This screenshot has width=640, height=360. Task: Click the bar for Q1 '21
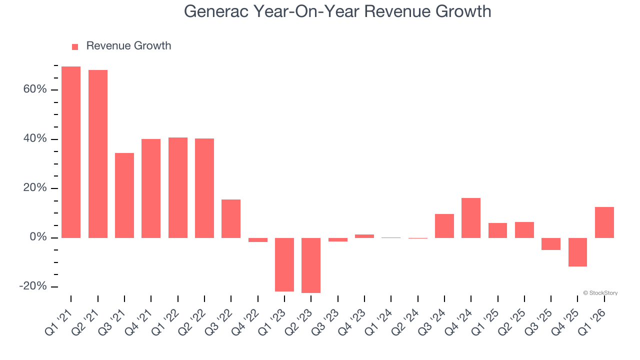click(x=71, y=152)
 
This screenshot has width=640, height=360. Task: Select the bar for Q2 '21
click(x=98, y=154)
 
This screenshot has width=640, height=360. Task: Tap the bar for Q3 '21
click(x=124, y=195)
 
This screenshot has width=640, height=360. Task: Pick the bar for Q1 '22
click(x=178, y=187)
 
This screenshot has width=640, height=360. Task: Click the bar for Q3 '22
click(x=231, y=218)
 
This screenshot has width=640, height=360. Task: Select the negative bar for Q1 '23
click(x=284, y=264)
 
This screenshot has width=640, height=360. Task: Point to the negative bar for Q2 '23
click(x=311, y=265)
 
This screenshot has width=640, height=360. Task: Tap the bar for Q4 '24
click(x=471, y=218)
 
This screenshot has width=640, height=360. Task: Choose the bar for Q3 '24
click(x=444, y=226)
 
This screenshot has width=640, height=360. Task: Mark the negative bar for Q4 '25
click(x=577, y=252)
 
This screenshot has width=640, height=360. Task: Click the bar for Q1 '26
click(x=604, y=222)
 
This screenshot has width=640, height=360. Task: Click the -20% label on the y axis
click(x=33, y=286)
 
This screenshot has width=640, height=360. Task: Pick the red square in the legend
click(x=75, y=46)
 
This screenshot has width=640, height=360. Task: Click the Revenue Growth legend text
click(x=128, y=46)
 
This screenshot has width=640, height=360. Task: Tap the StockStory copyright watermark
click(x=600, y=293)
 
